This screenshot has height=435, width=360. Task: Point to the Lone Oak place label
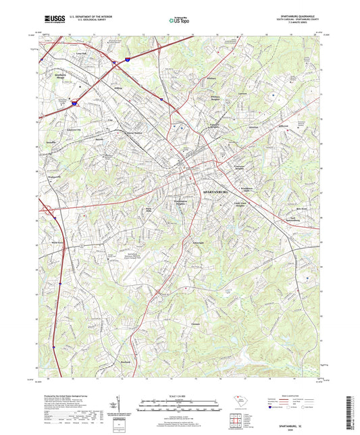[82, 53]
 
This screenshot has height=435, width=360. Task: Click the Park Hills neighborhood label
[149, 209]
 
